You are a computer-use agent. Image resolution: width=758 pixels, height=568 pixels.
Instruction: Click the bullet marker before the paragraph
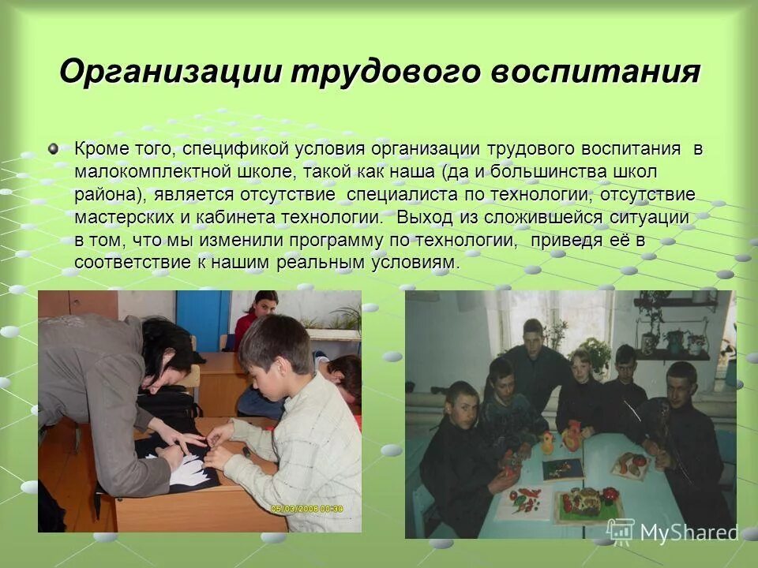(53, 148)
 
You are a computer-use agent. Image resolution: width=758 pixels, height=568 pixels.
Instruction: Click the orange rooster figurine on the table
(572, 436)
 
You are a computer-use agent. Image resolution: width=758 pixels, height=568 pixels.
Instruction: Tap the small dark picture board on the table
(561, 469)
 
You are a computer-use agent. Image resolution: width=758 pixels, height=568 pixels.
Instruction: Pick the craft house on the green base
(586, 502)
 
